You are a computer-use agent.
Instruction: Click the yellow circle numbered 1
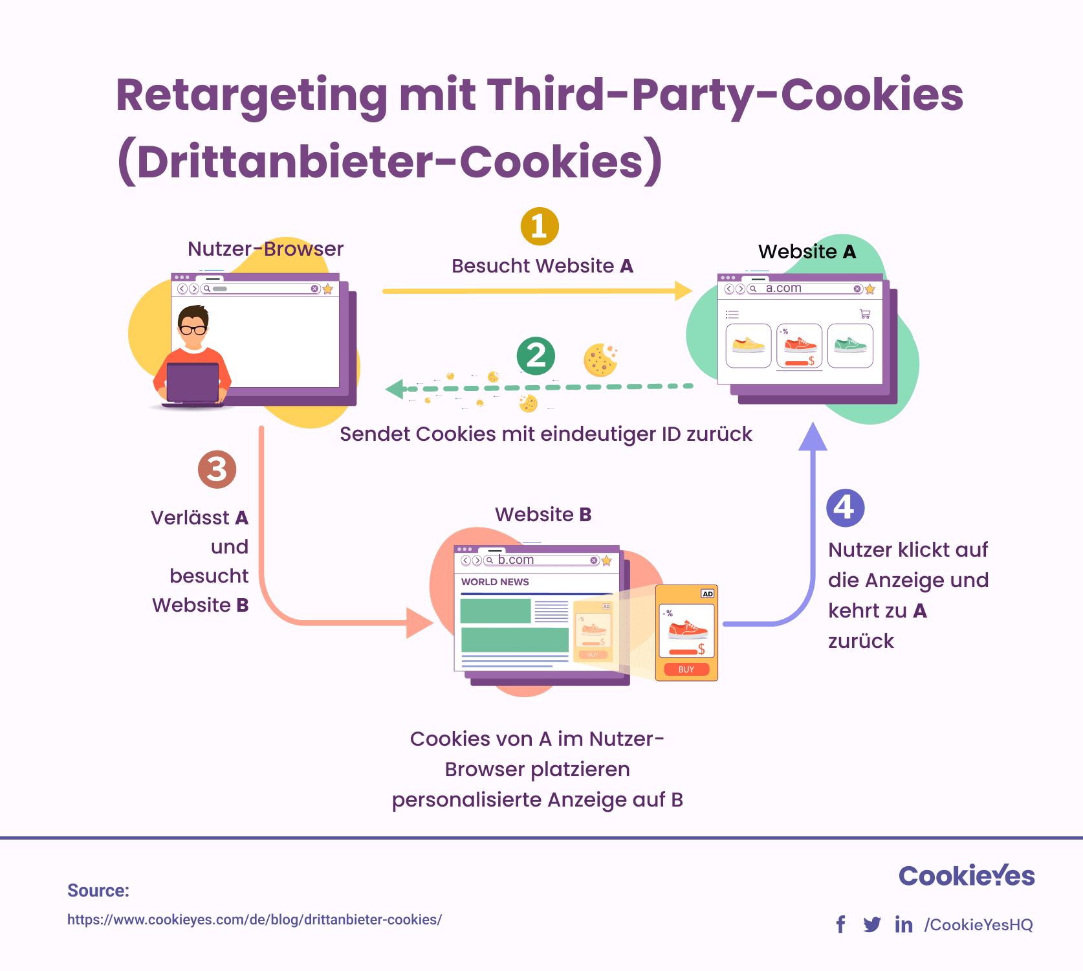click(x=540, y=227)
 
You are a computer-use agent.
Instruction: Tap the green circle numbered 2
click(x=536, y=356)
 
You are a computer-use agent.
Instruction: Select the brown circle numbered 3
click(x=217, y=469)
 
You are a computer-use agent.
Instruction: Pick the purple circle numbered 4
click(x=846, y=508)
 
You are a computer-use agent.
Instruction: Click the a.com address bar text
click(x=783, y=288)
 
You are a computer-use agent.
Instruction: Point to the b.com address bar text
click(x=516, y=560)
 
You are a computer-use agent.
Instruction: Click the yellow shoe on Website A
click(x=749, y=344)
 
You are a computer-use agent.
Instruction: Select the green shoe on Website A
click(x=850, y=344)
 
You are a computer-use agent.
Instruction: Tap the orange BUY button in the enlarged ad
click(x=686, y=669)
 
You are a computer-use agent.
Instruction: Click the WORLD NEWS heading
click(x=495, y=582)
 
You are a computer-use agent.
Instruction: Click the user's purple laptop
click(x=193, y=383)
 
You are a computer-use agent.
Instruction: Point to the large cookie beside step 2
click(x=600, y=360)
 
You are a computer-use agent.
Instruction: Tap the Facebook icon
click(x=840, y=924)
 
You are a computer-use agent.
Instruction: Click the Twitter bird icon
click(x=872, y=924)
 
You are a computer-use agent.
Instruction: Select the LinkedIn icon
click(x=904, y=924)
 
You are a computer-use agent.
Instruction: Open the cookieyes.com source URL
click(x=254, y=920)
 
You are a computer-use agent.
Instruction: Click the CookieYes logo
click(x=967, y=875)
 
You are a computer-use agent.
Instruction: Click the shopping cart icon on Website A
click(x=865, y=314)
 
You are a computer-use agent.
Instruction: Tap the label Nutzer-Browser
click(x=265, y=249)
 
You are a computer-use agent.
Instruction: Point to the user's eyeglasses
click(x=193, y=329)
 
